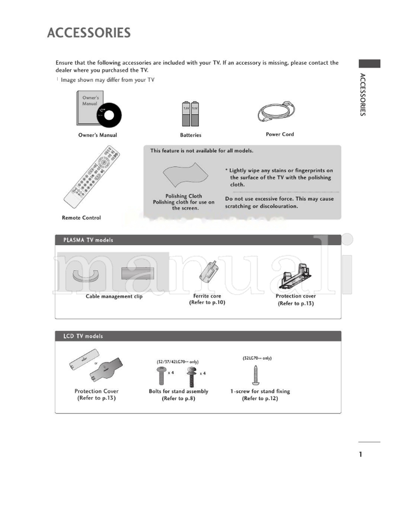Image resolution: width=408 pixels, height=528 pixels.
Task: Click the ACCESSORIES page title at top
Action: pos(89,33)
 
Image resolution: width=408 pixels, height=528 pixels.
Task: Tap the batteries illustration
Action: pos(190,114)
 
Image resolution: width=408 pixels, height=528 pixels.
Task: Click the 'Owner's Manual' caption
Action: pos(97,135)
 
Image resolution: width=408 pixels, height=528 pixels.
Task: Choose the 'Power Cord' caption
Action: pos(279,135)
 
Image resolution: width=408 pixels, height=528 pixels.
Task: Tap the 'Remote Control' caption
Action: pos(81,218)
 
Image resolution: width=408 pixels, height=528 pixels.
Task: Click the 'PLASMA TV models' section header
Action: pos(88,240)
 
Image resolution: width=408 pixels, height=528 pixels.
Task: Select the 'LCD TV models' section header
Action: pos(83,336)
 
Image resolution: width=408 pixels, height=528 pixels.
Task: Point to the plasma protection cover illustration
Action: pos(296,276)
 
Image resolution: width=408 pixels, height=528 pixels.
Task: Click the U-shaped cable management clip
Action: pos(85,276)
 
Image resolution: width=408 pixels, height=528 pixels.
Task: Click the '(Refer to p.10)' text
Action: pos(207,303)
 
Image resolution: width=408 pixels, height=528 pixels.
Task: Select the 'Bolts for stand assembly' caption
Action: pos(178,391)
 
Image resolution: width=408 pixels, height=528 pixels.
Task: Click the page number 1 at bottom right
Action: pos(361,455)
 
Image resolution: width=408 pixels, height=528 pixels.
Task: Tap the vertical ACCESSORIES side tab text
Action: pos(362,95)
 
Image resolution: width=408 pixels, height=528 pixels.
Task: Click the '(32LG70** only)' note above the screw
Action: pos(257,358)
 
